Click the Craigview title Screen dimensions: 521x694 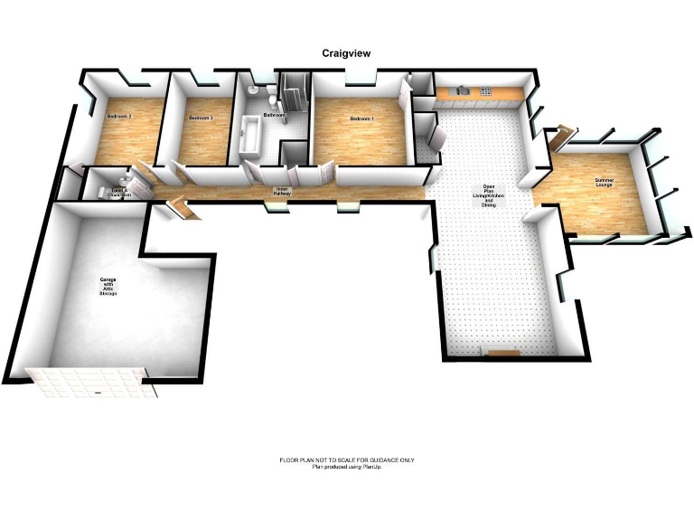click(x=346, y=53)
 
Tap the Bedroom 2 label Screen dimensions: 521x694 click(x=119, y=117)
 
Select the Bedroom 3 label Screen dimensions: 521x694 click(x=201, y=118)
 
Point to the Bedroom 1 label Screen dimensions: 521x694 click(x=361, y=118)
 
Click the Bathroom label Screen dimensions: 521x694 click(x=274, y=116)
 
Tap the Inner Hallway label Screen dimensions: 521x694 click(x=281, y=192)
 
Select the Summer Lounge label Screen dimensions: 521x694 click(x=603, y=184)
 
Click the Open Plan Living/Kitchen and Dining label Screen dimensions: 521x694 click(x=488, y=198)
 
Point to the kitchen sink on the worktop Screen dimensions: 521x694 click(x=464, y=90)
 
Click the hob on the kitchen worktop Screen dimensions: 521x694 click(x=485, y=90)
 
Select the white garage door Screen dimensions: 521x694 click(x=90, y=383)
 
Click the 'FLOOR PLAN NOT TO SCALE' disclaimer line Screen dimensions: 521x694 click(x=347, y=460)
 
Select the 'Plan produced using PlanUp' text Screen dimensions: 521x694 click(x=347, y=467)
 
